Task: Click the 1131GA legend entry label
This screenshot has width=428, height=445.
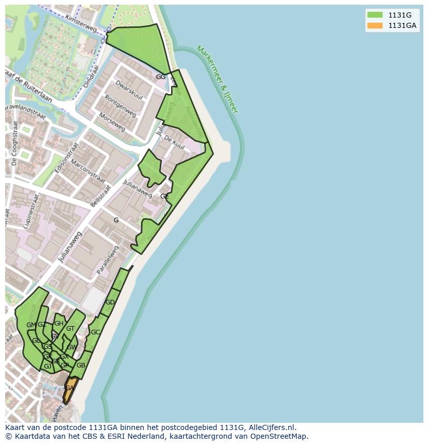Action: click(x=402, y=25)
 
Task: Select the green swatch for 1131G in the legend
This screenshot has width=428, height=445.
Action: click(x=375, y=15)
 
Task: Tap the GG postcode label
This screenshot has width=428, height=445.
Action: click(x=161, y=77)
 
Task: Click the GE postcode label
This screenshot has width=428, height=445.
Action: click(x=164, y=196)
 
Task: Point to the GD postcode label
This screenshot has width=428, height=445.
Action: click(x=110, y=302)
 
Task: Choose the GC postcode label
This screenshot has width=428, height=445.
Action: click(x=95, y=332)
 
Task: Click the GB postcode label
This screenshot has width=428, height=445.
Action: click(x=81, y=365)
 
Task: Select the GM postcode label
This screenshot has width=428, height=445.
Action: click(x=31, y=325)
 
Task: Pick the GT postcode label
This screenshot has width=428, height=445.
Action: click(x=70, y=329)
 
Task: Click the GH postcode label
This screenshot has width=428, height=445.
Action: click(x=58, y=324)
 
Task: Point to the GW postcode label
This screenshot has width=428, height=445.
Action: click(x=71, y=347)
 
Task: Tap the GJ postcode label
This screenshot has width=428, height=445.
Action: click(x=48, y=366)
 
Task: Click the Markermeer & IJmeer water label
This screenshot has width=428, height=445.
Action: click(x=217, y=79)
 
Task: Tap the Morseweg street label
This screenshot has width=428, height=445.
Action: click(x=112, y=121)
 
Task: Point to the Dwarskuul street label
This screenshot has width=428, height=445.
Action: click(x=129, y=87)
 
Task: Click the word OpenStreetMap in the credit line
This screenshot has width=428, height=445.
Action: click(x=279, y=436)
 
